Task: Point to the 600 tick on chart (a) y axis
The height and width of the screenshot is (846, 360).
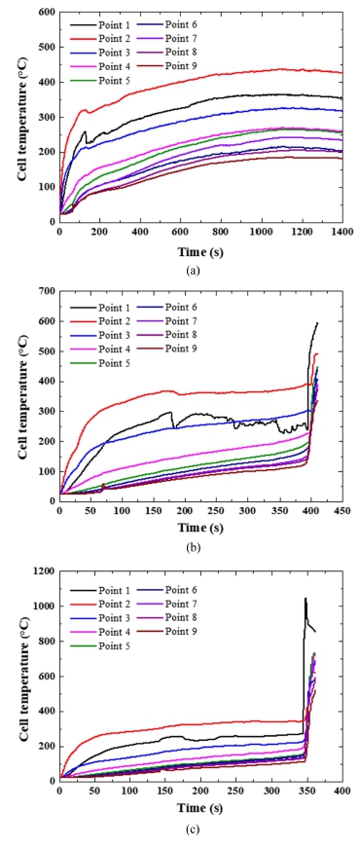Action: [x=46, y=12]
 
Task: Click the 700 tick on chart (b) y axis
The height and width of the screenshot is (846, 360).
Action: [x=46, y=291]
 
